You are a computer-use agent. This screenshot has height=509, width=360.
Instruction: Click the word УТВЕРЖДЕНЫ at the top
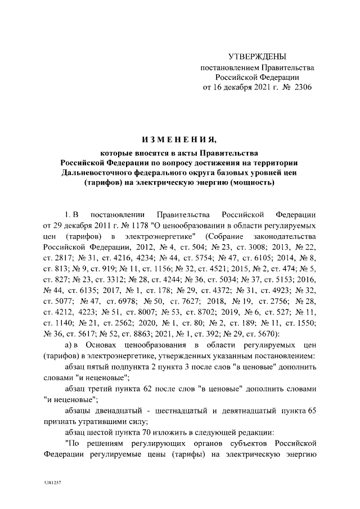pyautogui.click(x=258, y=57)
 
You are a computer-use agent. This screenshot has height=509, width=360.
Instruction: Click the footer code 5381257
pyautogui.click(x=52, y=483)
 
